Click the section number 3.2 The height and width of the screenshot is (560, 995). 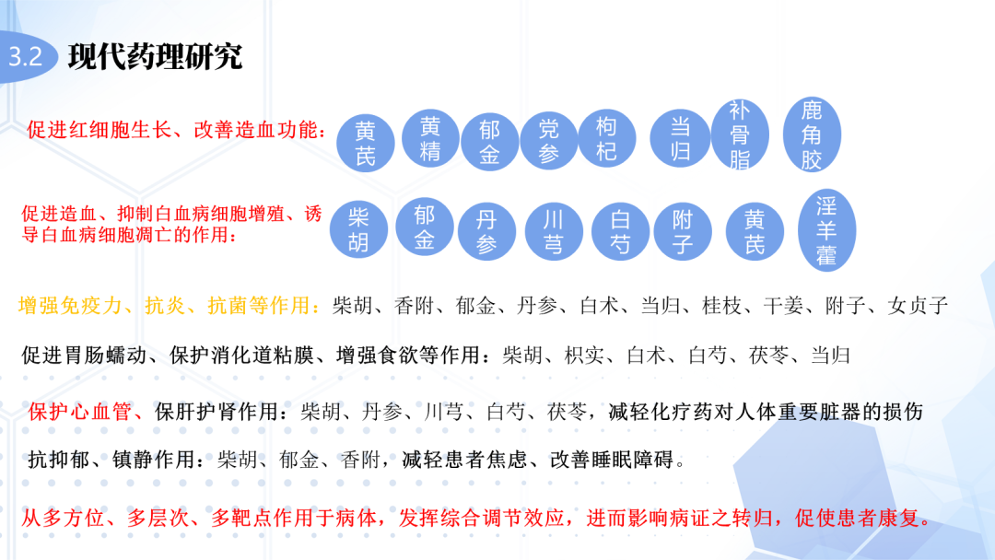click(x=26, y=57)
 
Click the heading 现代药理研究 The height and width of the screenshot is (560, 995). click(x=156, y=57)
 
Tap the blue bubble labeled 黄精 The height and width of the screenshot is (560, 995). click(x=430, y=139)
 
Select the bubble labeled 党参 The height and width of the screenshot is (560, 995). click(x=549, y=141)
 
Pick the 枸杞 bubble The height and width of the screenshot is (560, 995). click(x=606, y=138)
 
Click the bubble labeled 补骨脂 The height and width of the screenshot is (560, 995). click(x=740, y=135)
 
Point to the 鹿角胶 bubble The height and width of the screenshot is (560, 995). click(x=811, y=135)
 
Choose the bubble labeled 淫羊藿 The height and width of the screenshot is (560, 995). click(x=825, y=230)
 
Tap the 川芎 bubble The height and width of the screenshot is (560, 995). click(x=555, y=232)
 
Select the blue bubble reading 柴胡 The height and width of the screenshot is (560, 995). click(x=359, y=230)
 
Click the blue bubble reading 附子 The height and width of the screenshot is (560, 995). click(x=683, y=232)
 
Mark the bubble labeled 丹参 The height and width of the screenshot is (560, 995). click(x=486, y=232)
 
